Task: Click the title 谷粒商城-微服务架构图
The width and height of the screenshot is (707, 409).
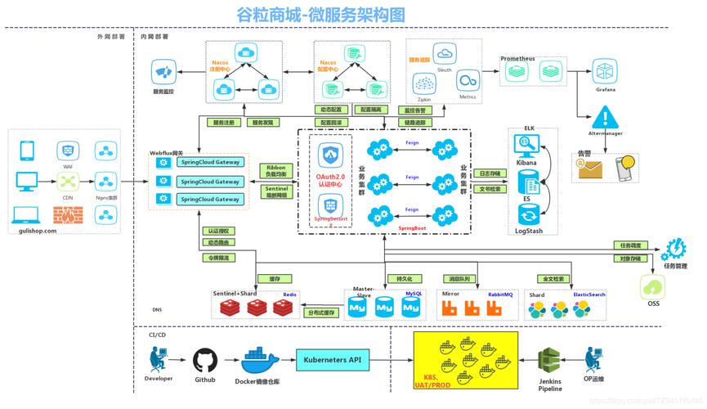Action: [320, 14]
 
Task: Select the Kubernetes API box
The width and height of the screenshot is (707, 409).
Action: [332, 359]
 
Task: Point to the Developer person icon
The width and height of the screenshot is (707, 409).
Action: [159, 358]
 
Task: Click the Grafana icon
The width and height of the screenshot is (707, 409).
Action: [605, 71]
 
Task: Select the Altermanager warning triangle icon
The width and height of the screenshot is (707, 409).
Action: [606, 116]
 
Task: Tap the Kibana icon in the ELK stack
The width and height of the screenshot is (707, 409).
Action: [526, 146]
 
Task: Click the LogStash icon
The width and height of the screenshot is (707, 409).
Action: [526, 215]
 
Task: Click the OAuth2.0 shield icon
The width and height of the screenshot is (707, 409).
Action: [331, 155]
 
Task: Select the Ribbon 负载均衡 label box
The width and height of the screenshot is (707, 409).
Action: [276, 171]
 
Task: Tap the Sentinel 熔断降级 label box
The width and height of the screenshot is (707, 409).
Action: [276, 192]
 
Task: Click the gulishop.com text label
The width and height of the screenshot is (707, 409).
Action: [37, 231]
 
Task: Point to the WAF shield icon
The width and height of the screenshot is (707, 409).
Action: [68, 151]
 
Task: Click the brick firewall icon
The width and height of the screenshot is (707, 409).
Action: [67, 215]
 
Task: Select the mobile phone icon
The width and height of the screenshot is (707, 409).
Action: [27, 151]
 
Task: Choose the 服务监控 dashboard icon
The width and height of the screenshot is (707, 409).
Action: [163, 74]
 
